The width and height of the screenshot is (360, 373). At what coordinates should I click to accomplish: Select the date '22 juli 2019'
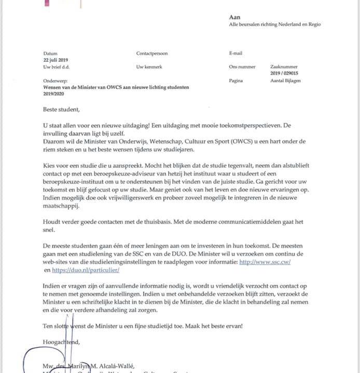pos(56,60)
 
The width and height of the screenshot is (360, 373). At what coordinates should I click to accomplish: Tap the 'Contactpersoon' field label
pos(152,53)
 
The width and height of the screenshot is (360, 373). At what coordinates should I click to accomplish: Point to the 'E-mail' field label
pos(236,53)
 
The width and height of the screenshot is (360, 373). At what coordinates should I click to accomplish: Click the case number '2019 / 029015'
pos(284,74)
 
